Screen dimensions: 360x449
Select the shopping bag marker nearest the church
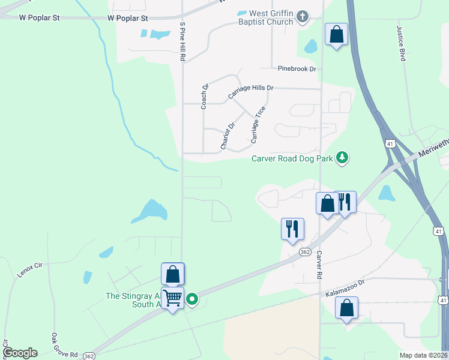click(336, 34)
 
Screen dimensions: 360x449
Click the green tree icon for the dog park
click(342, 158)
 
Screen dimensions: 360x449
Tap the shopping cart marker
click(173, 298)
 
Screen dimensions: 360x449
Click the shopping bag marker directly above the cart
click(173, 274)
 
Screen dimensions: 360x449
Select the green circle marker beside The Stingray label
click(192, 299)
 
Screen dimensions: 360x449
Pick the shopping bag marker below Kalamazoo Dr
click(347, 308)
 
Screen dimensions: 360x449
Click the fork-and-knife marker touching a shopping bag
click(345, 202)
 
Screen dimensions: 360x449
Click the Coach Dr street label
click(205, 97)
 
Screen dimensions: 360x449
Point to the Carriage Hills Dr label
click(250, 92)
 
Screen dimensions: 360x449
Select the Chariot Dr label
click(228, 136)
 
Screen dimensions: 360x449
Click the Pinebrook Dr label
click(297, 69)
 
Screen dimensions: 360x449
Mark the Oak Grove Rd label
click(64, 346)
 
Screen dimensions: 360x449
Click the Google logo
click(20, 353)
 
